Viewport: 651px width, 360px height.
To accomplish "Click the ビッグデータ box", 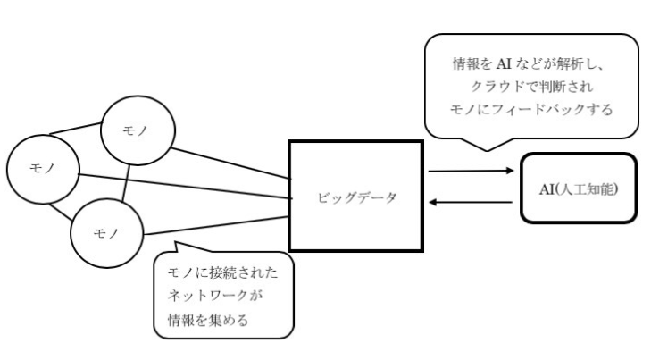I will click(x=355, y=196).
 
